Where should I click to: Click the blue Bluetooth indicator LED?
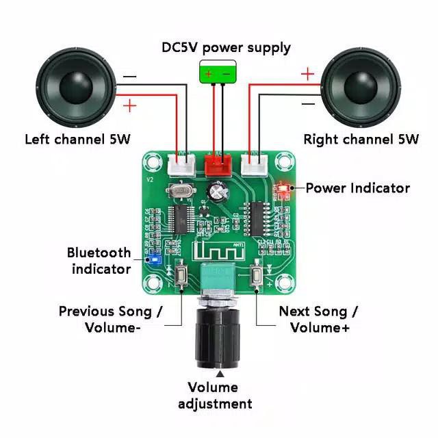pos(155,260)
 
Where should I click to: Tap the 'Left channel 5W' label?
pos(77,139)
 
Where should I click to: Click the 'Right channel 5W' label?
pos(361,139)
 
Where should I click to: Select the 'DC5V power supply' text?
pos(226,47)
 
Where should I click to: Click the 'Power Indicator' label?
pos(357,188)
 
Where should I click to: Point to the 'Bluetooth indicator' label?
pos(99,261)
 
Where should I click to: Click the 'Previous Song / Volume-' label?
pos(110,319)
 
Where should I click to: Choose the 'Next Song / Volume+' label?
pos(318,319)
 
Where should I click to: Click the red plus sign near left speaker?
pos(129,105)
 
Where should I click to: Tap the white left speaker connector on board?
pos(180,165)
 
